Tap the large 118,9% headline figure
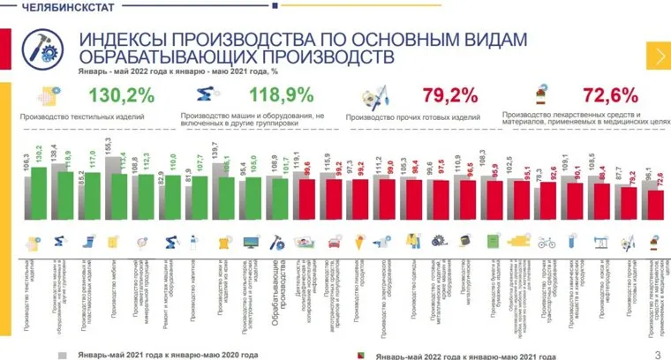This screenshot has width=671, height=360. point(282,94)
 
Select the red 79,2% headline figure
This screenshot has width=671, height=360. point(449,94)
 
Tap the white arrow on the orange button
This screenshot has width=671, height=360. point(660,56)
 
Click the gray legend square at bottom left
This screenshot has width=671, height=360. point(63,353)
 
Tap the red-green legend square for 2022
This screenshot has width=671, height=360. point(362,353)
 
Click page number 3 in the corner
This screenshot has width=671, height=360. point(658,354)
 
